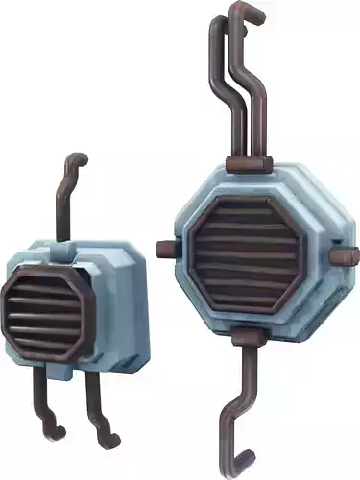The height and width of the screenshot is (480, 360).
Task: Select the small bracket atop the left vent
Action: click(x=63, y=252)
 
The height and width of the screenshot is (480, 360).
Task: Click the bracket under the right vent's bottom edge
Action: click(x=247, y=335)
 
